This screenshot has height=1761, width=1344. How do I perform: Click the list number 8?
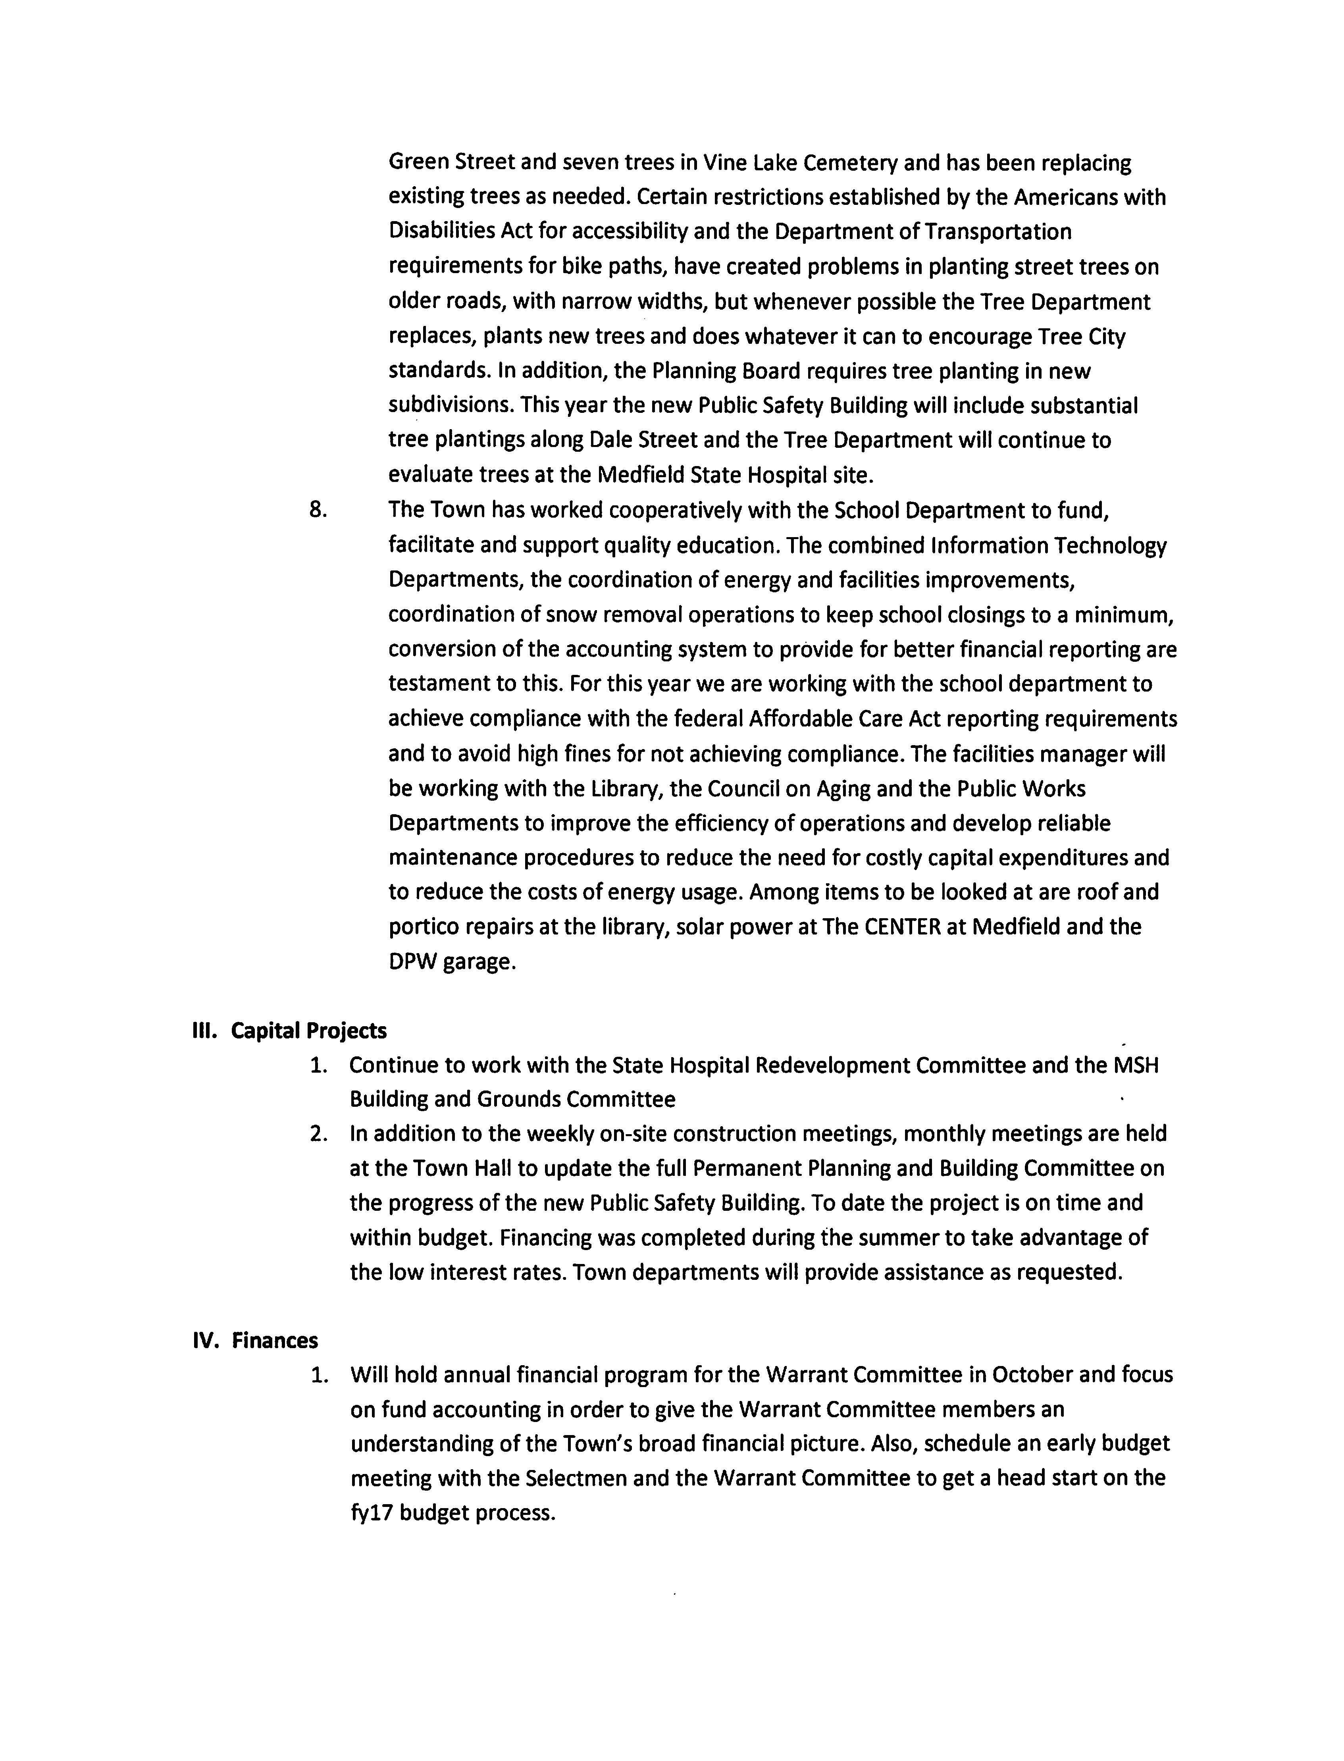(318, 510)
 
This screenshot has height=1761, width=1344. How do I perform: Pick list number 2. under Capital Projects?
(318, 1134)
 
